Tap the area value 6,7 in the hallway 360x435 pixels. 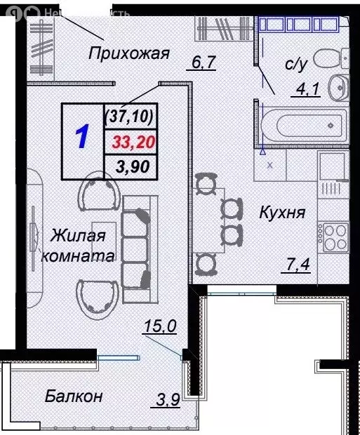(203, 64)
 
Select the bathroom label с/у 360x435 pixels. (293, 65)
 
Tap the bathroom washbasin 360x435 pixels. (339, 87)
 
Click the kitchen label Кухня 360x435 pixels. (281, 212)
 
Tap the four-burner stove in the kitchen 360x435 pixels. (332, 234)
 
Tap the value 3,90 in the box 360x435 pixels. (131, 166)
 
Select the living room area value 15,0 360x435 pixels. (159, 326)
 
